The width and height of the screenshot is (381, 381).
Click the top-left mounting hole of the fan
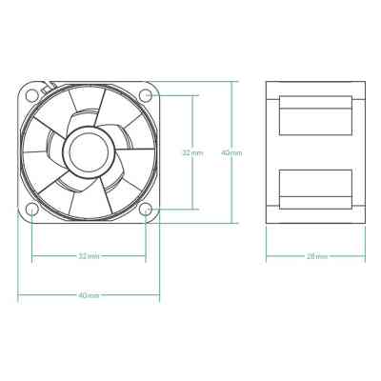(x=31, y=95)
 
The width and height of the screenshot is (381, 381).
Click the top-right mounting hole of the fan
(x=145, y=95)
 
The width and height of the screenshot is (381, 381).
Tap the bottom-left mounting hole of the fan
(x=31, y=209)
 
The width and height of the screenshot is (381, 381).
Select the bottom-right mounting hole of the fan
(x=145, y=209)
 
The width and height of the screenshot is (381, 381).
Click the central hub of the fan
(x=88, y=151)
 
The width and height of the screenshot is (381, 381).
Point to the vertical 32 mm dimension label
(x=192, y=151)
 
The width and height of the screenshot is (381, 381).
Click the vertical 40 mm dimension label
(x=231, y=151)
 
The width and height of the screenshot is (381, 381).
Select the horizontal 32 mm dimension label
(x=88, y=256)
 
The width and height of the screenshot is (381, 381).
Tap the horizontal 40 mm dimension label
(x=88, y=295)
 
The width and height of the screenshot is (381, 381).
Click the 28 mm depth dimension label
(x=315, y=256)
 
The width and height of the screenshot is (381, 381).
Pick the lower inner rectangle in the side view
(x=315, y=187)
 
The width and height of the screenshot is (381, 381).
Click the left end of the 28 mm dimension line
(x=266, y=256)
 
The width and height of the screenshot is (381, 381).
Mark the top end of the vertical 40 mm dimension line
(x=231, y=82)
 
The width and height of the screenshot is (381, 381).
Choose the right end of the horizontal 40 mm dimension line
(x=158, y=295)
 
